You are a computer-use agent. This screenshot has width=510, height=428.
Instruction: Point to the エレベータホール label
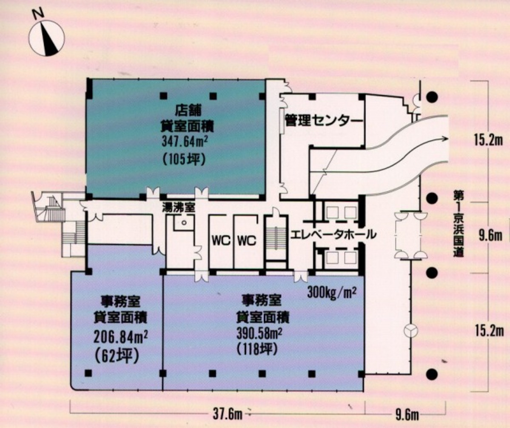333,234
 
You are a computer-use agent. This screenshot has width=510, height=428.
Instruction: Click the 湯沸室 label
178,208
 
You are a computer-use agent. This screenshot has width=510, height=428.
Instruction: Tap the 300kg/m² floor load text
331,293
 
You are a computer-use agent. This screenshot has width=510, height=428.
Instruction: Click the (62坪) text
117,356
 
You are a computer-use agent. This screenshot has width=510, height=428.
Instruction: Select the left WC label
221,241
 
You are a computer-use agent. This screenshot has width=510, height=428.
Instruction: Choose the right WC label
246,241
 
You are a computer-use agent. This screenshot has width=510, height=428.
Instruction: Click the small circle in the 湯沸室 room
183,222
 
